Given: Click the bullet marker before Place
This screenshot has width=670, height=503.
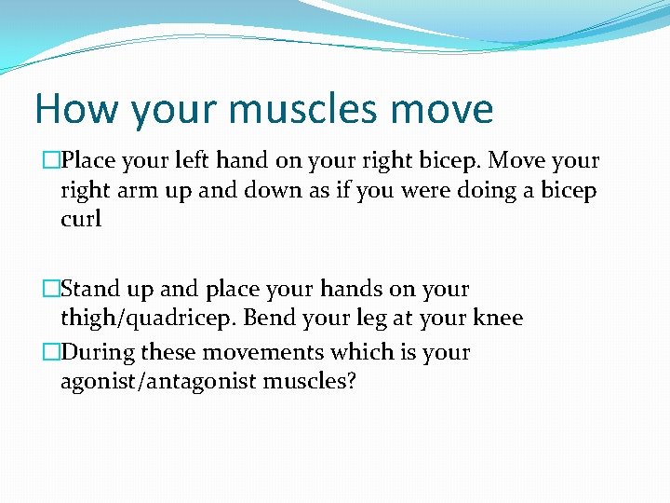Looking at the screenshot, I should click(x=53, y=161).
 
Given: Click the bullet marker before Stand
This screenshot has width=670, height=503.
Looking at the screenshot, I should click(x=53, y=290).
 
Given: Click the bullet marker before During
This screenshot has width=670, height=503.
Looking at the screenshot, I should click(x=53, y=353).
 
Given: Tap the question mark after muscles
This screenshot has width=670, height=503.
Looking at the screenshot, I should click(x=350, y=382).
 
